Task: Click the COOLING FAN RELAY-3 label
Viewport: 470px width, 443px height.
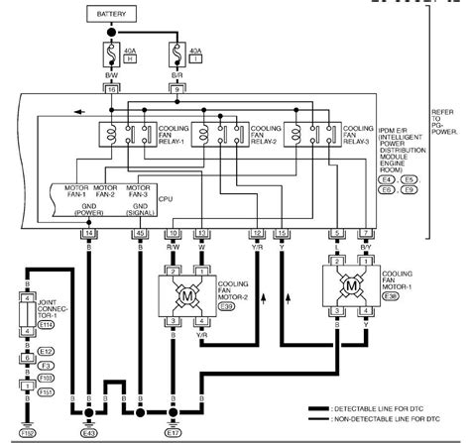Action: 358,134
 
